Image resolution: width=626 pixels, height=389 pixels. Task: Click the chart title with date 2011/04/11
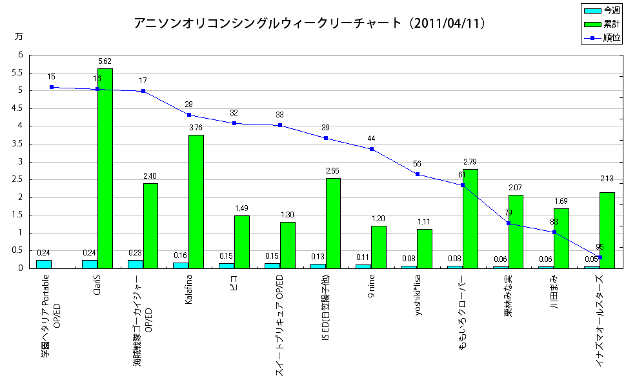[310, 23]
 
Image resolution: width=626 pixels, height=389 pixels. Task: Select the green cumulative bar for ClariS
[105, 168]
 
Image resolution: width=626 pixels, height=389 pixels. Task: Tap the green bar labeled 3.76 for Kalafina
[196, 201]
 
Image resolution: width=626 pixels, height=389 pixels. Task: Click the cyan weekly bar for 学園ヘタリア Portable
[44, 264]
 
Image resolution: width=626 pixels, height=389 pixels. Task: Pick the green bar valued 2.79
[470, 219]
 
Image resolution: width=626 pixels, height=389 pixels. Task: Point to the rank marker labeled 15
[52, 87]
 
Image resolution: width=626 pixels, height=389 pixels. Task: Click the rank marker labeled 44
[372, 149]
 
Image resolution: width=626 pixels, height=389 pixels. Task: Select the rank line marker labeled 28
[188, 115]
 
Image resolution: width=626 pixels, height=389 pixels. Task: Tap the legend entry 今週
[602, 11]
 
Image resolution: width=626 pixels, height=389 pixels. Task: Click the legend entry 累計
[602, 25]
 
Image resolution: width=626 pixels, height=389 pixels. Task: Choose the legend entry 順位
[602, 38]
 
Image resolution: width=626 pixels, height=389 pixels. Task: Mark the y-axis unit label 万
[18, 37]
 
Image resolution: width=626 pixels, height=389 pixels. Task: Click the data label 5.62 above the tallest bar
[105, 61]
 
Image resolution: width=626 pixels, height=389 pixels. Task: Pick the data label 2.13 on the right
[607, 179]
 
